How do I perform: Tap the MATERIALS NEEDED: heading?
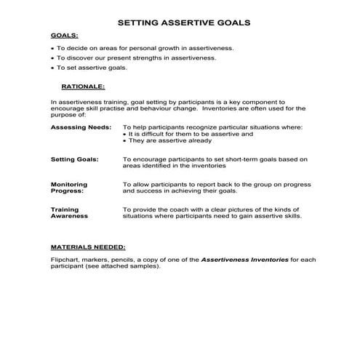pos(87,247)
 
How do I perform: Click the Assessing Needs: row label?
pos(81,127)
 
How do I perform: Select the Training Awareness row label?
pos(69,212)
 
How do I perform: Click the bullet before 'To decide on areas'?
pos(52,48)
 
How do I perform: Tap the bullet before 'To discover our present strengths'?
pos(52,58)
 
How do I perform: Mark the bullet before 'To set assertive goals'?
pos(52,68)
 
